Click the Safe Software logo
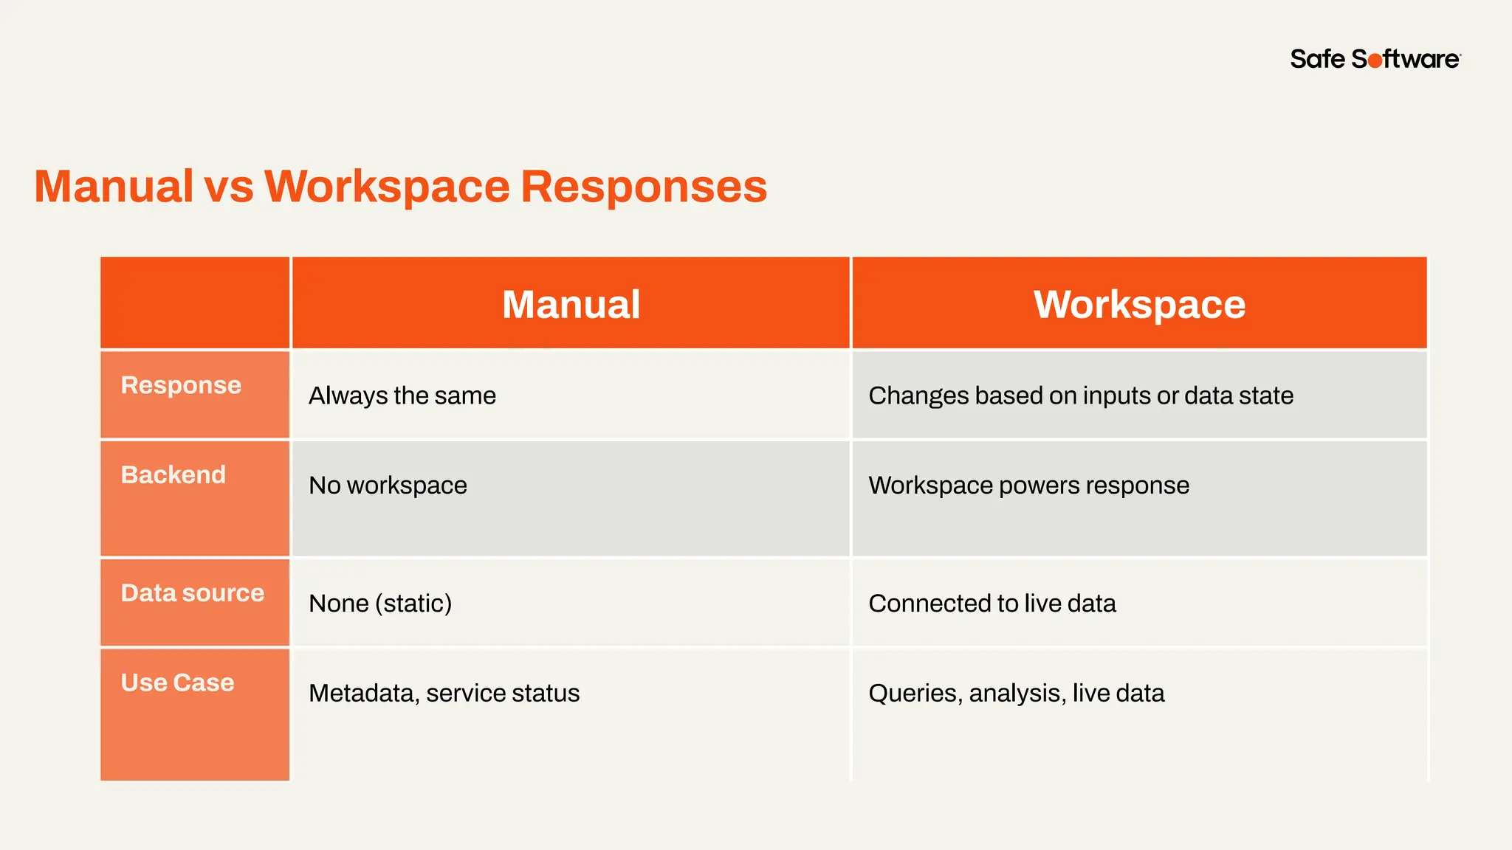[1375, 59]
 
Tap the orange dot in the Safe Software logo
[1375, 61]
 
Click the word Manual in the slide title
[114, 186]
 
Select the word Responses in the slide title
[644, 186]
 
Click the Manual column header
[571, 304]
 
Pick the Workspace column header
[1139, 304]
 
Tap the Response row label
[181, 385]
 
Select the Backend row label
[173, 474]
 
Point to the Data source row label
[192, 593]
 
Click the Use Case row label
[177, 683]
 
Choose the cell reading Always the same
[402, 396]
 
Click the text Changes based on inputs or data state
[1081, 396]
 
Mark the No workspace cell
[388, 486]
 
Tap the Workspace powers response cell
[1028, 486]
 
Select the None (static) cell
[380, 604]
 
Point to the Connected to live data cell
[992, 604]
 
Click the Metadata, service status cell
[444, 694]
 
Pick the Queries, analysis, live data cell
[1017, 694]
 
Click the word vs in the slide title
[229, 186]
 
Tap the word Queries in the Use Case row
[915, 694]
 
